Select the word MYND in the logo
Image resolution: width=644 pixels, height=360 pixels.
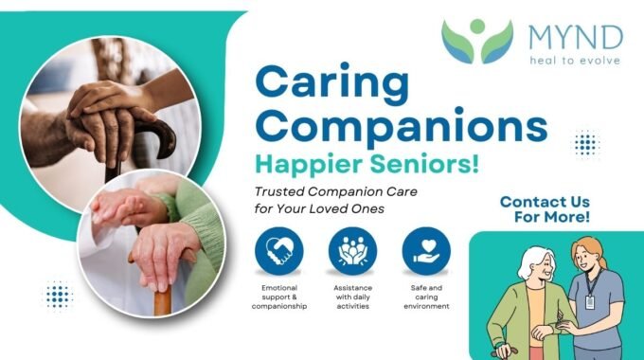(x=576, y=37)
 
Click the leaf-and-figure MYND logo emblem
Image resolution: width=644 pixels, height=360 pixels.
(x=477, y=41)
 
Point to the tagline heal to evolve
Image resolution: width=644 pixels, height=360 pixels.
(x=575, y=61)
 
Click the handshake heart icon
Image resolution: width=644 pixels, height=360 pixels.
(x=279, y=251)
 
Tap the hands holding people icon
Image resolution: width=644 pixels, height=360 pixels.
(x=353, y=251)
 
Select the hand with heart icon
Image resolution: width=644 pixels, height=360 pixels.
(x=426, y=251)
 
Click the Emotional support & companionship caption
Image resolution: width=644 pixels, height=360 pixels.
(x=279, y=297)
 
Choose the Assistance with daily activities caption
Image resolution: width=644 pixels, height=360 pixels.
(x=353, y=297)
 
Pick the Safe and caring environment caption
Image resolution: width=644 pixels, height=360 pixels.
(x=426, y=297)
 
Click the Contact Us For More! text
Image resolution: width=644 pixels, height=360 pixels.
(x=545, y=209)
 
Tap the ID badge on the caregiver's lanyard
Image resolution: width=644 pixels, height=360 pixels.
(x=590, y=302)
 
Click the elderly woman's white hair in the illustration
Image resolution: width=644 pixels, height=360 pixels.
(x=533, y=261)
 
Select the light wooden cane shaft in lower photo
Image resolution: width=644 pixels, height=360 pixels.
(x=163, y=301)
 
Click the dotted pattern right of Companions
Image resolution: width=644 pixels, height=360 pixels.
(x=586, y=143)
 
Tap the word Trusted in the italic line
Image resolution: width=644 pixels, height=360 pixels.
(x=279, y=192)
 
